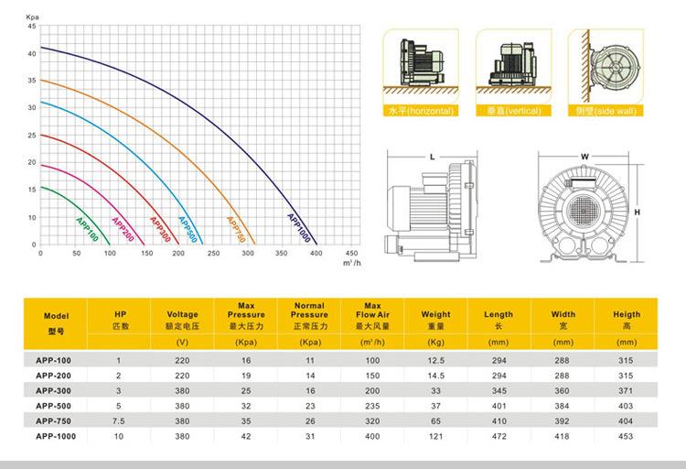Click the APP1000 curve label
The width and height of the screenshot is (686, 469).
pyautogui.click(x=299, y=228)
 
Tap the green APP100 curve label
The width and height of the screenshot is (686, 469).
pyautogui.click(x=87, y=229)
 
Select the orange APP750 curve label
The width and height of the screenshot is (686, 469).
pyautogui.click(x=236, y=229)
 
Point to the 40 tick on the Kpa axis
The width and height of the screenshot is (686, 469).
pyautogui.click(x=32, y=53)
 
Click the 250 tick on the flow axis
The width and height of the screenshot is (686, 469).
pyautogui.click(x=213, y=254)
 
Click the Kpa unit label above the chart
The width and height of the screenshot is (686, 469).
pyautogui.click(x=32, y=17)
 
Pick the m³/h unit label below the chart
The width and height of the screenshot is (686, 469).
pyautogui.click(x=352, y=263)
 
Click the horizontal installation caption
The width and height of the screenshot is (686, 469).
pyautogui.click(x=421, y=111)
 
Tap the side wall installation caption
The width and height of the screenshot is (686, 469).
pyautogui.click(x=606, y=111)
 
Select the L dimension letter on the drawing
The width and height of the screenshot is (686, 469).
pyautogui.click(x=433, y=157)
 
